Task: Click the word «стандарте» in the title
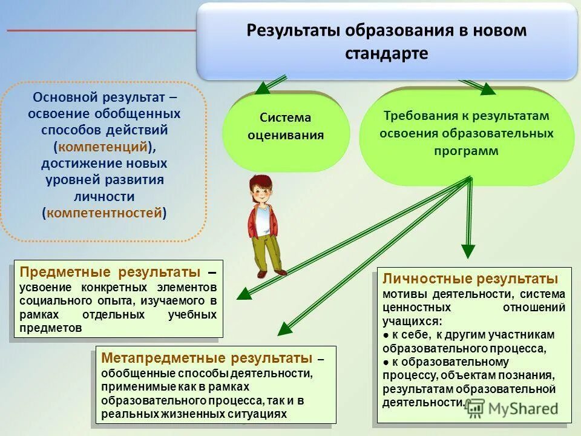[x=386, y=53]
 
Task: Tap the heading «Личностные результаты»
[x=470, y=279]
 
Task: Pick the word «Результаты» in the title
[x=294, y=31]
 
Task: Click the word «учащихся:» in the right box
[x=412, y=321]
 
